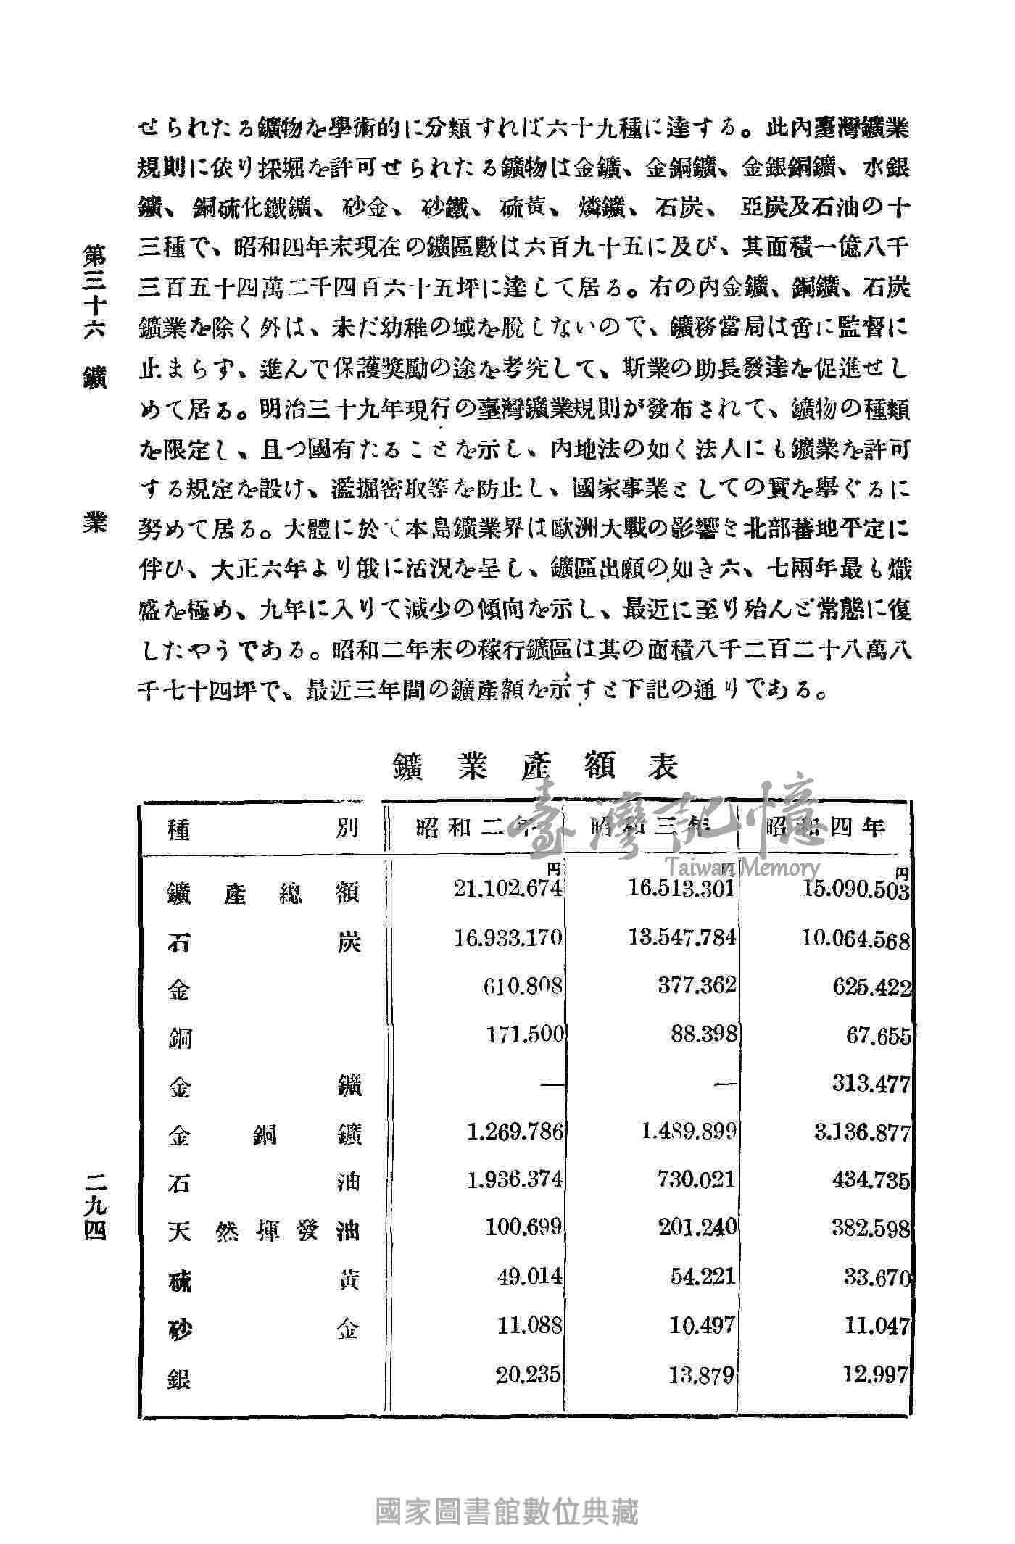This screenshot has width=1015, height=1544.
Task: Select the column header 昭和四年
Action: (825, 827)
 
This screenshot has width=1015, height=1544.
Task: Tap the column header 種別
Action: (263, 828)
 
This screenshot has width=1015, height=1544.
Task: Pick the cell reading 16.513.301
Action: (682, 889)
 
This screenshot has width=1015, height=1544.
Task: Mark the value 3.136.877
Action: (862, 1132)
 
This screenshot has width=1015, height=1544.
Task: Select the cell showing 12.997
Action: (877, 1373)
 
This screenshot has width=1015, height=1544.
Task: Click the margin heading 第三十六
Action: (95, 290)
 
